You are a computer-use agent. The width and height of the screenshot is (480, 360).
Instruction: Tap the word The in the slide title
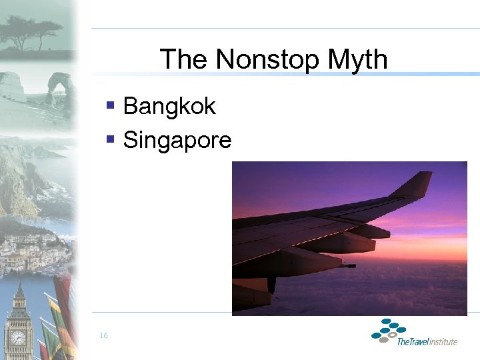coord(184,60)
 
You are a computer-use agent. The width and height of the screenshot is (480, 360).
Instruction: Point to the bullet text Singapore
coord(177,140)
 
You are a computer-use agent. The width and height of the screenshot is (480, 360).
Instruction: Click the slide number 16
coord(103,335)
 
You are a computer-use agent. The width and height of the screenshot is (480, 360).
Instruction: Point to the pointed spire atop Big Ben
coord(19,288)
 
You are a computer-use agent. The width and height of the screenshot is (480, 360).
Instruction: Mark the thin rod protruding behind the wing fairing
coord(347,265)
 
